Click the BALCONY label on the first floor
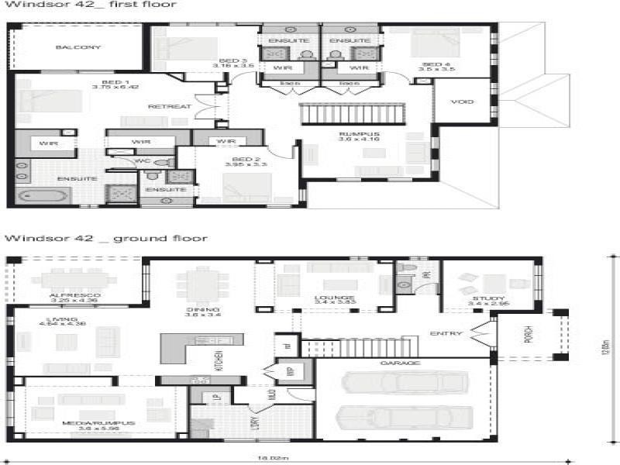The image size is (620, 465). coord(77,47)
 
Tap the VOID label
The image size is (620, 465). coord(462,102)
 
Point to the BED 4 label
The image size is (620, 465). coord(436,64)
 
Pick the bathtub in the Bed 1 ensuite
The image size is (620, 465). coord(43,195)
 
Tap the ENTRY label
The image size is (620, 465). coord(446,334)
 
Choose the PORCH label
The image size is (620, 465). coord(529,333)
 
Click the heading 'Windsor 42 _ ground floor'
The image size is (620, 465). coord(106,238)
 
